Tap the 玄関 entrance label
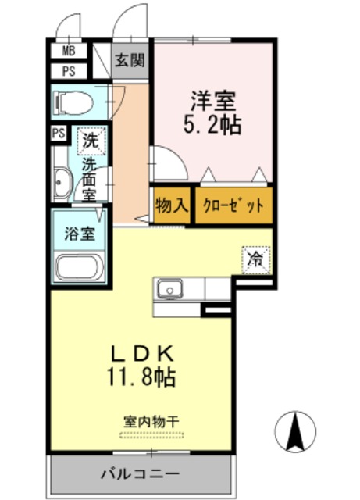130,60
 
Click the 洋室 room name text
214,101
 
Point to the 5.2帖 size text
214,123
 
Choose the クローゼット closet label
233,206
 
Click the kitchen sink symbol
169,290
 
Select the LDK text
142,353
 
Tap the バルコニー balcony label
141,473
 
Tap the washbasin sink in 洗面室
62,184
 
